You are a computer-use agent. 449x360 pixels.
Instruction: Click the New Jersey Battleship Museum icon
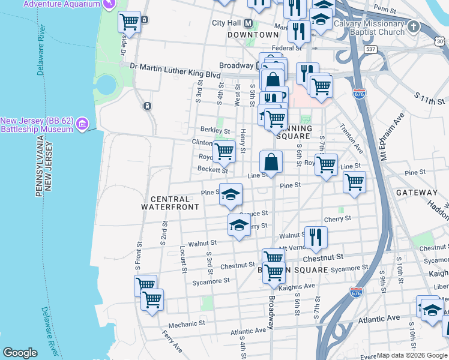pyautogui.click(x=83, y=124)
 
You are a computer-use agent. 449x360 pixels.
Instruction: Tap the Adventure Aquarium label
pyautogui.click(x=60, y=4)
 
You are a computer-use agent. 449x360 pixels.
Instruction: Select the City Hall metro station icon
pyautogui.click(x=247, y=23)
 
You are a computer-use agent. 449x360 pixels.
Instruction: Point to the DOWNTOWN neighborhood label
pyautogui.click(x=253, y=35)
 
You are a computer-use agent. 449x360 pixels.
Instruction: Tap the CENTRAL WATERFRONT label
pyautogui.click(x=170, y=203)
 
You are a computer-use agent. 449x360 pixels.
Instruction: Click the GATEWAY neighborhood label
pyautogui.click(x=417, y=193)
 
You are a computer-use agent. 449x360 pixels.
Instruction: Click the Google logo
pyautogui.click(x=20, y=353)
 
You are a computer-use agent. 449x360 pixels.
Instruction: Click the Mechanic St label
pyautogui.click(x=187, y=324)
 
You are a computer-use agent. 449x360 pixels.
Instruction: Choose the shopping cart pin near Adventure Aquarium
pyautogui.click(x=130, y=22)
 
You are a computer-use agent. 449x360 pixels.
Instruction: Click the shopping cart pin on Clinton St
pyautogui.click(x=224, y=150)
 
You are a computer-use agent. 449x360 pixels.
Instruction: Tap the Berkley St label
pyautogui.click(x=215, y=130)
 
